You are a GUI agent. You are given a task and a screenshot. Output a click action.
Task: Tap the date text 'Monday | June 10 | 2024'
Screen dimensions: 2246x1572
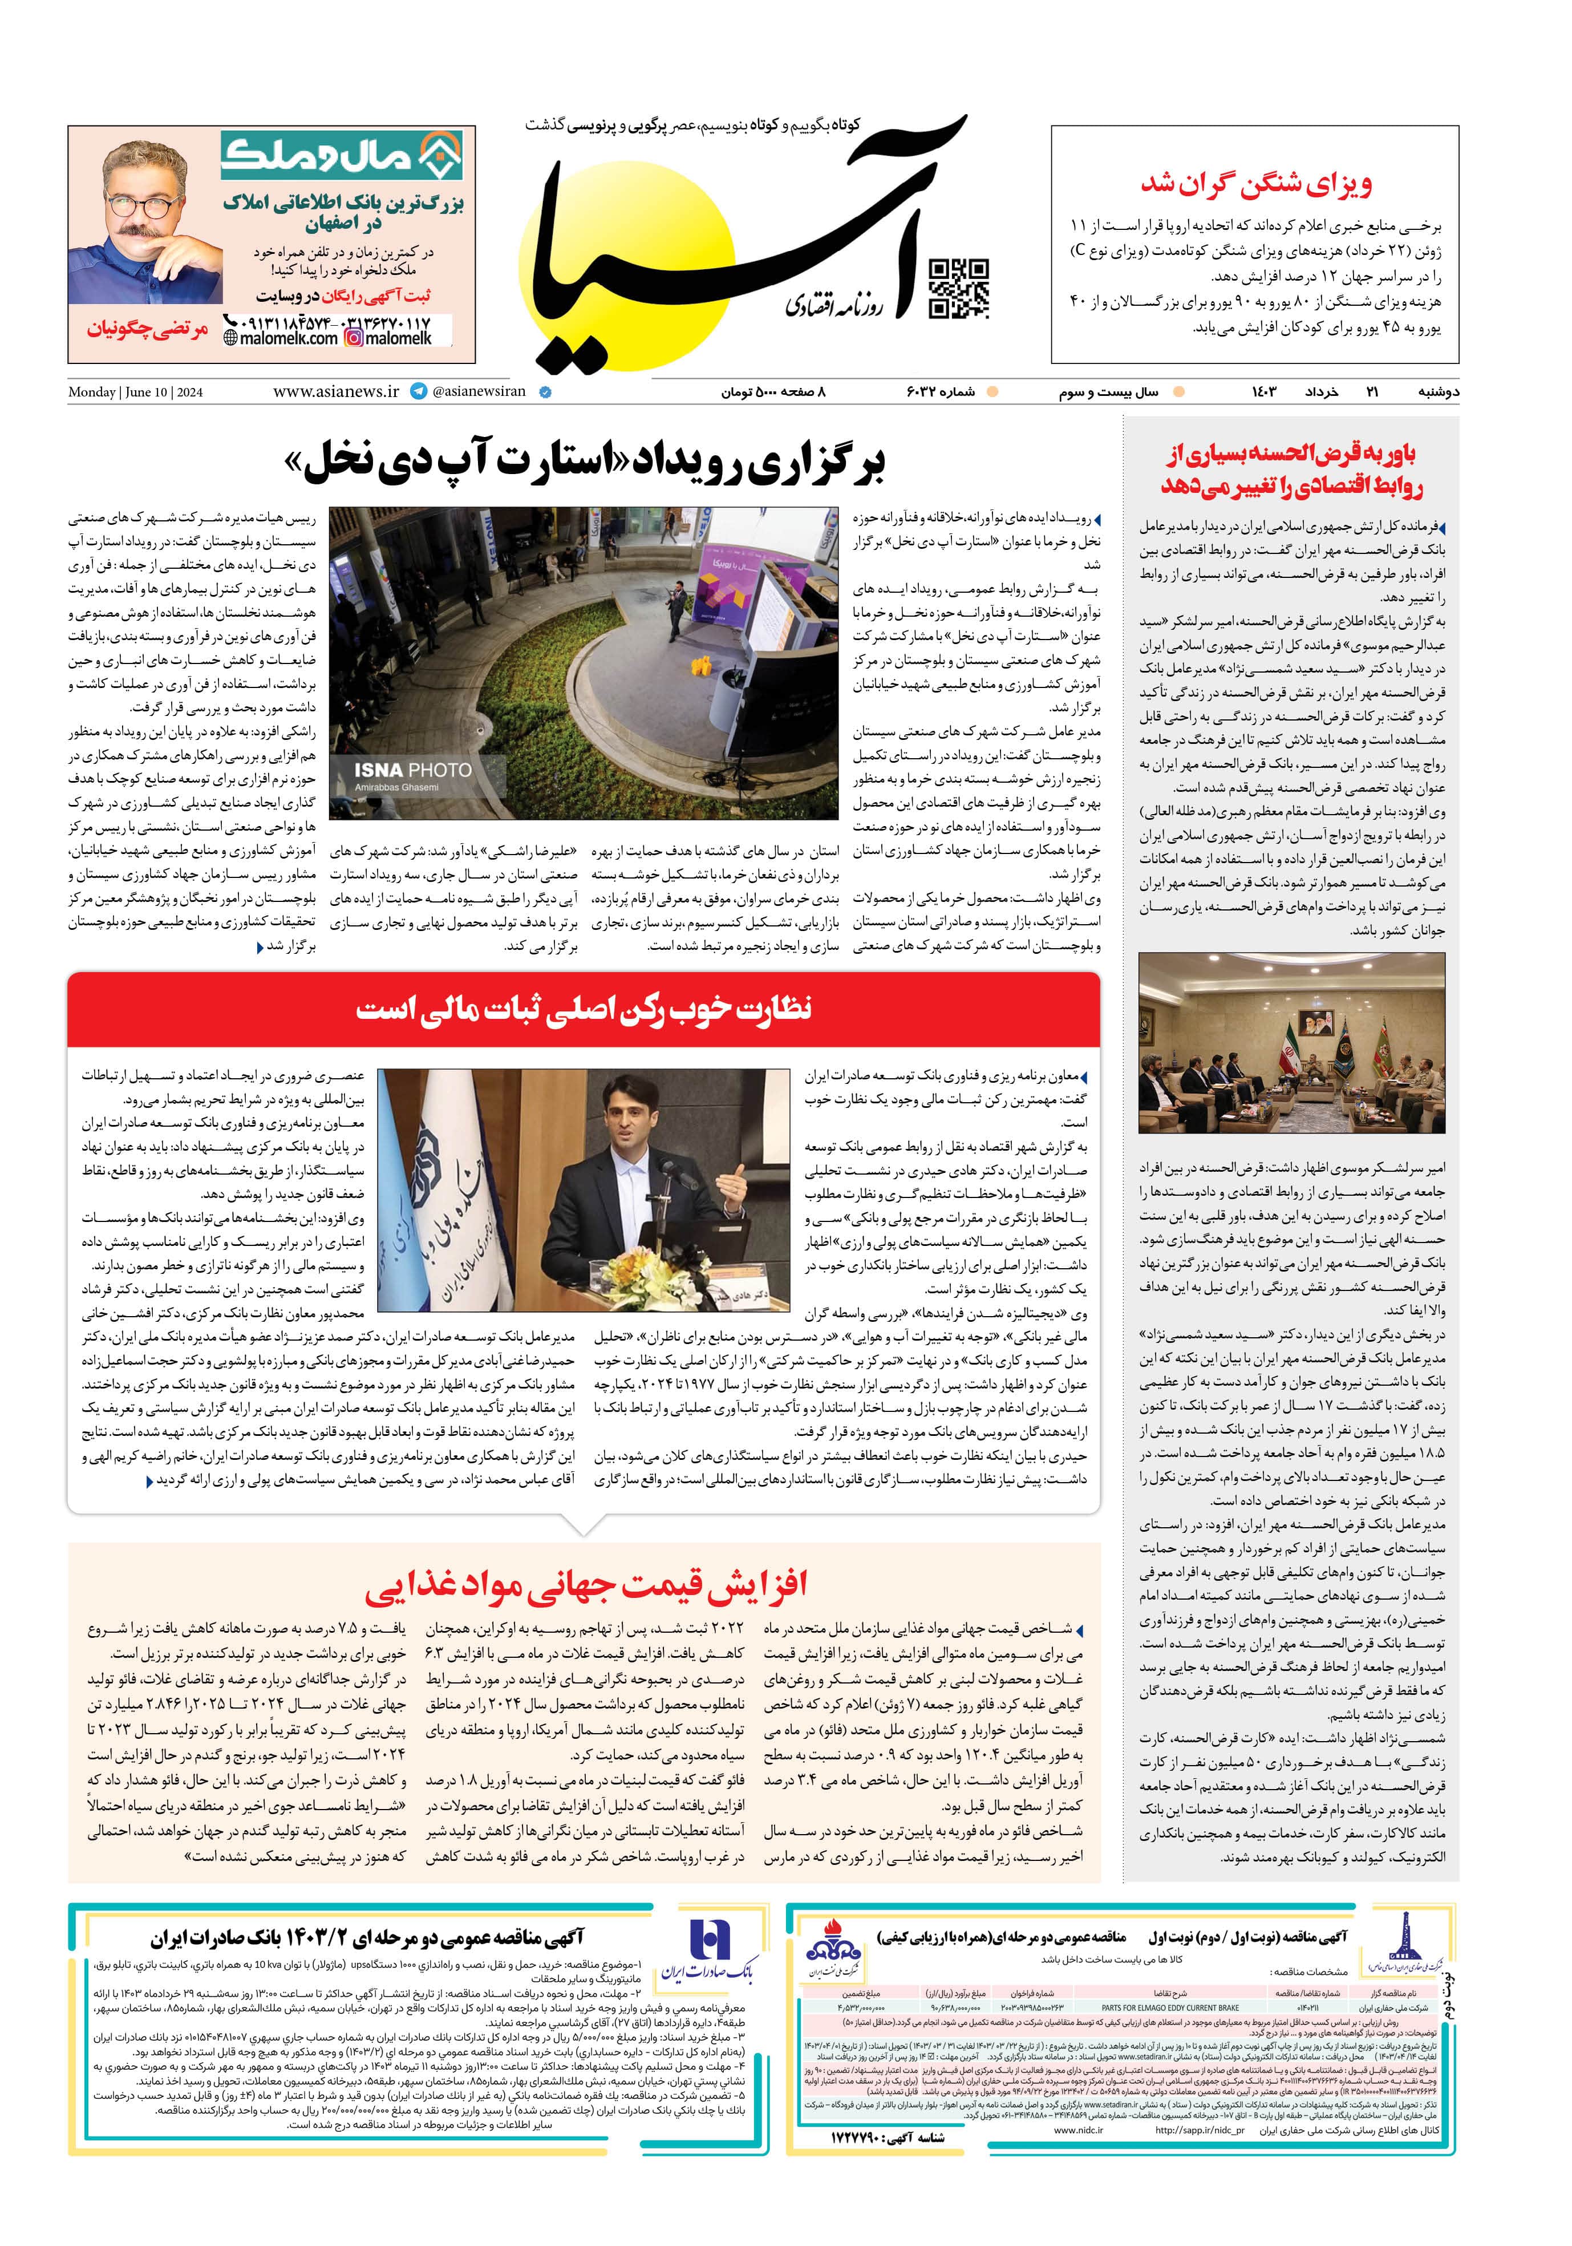135,392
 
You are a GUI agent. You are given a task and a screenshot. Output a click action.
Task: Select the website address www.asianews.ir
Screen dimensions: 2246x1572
335,391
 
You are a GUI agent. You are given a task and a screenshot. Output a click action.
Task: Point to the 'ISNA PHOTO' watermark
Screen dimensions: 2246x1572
413,771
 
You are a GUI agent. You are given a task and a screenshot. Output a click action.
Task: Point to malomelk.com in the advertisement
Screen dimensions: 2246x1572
282,338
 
